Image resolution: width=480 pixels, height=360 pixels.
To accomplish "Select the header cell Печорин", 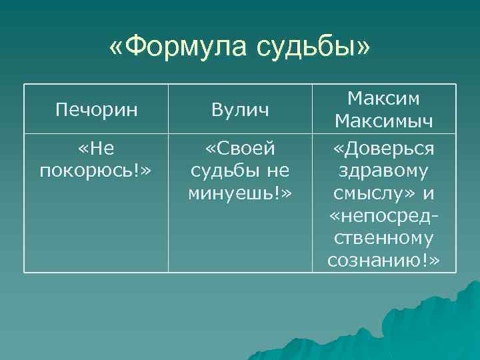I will [96, 110].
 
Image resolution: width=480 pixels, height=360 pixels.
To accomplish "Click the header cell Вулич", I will [240, 110].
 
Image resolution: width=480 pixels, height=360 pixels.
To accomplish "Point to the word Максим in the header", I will [384, 99].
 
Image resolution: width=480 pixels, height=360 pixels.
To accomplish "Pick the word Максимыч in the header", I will [384, 121].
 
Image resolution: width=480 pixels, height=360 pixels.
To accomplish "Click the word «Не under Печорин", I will [96, 148].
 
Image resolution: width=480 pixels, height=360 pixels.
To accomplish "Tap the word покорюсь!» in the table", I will [96, 171].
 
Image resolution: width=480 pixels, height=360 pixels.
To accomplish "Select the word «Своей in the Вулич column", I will [240, 148].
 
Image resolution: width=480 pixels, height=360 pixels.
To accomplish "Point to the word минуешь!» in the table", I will [240, 193].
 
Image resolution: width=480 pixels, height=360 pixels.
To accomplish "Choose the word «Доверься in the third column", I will [384, 148].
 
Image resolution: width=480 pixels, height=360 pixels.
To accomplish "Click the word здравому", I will [384, 171].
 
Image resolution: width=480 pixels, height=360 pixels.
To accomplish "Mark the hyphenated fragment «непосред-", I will [384, 215].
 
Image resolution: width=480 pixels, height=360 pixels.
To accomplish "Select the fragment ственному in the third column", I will [384, 238].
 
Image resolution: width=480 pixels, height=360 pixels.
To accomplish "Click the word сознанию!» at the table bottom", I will [384, 261].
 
